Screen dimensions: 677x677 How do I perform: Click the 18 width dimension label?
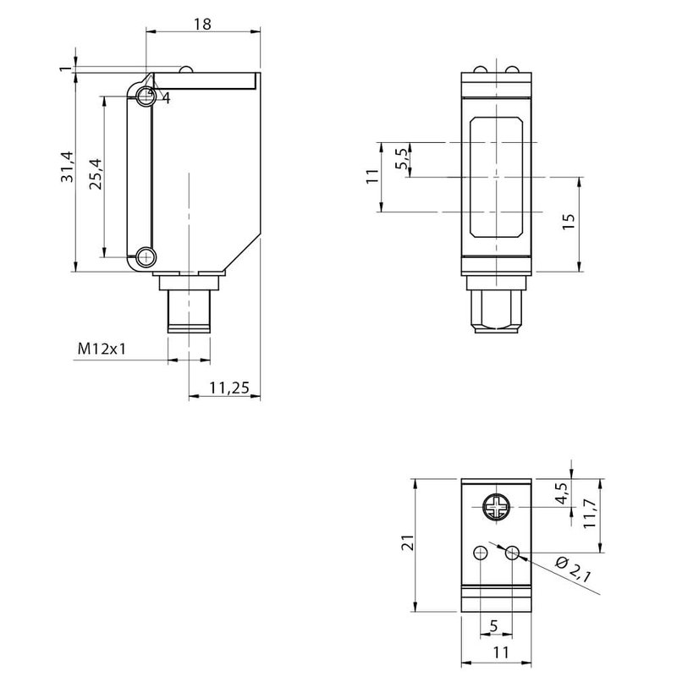coord(202,24)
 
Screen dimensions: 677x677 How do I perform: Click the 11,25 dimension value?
coord(228,388)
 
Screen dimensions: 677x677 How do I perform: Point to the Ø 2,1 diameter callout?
coord(574,571)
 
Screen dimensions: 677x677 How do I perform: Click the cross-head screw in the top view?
coord(496,508)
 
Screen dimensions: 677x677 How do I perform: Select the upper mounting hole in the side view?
coord(146,96)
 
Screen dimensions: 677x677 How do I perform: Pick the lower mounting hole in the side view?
coord(146,256)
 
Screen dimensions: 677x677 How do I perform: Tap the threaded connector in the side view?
coord(188,311)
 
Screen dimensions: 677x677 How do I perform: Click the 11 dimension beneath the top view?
coord(498,652)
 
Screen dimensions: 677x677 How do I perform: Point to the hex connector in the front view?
coord(496,311)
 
